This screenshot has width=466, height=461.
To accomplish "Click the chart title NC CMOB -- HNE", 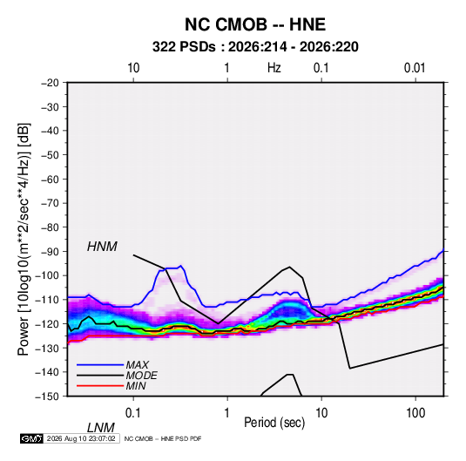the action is pyautogui.click(x=255, y=24).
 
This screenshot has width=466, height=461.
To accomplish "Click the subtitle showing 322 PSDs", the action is pyautogui.click(x=255, y=47).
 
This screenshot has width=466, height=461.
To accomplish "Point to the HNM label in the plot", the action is pyautogui.click(x=102, y=247).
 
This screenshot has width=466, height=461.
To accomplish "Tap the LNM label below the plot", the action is pyautogui.click(x=101, y=428).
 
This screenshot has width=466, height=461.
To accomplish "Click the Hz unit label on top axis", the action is pyautogui.click(x=274, y=68).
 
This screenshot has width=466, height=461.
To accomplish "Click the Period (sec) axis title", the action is pyautogui.click(x=274, y=423).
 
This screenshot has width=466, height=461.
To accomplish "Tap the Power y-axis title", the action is pyautogui.click(x=24, y=239).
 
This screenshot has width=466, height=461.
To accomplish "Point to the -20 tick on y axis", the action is pyautogui.click(x=50, y=83).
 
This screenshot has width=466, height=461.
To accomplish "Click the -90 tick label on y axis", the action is pyautogui.click(x=50, y=251).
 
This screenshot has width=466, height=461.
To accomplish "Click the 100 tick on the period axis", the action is pyautogui.click(x=415, y=413).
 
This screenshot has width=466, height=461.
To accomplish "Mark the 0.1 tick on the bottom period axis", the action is pyautogui.click(x=133, y=413).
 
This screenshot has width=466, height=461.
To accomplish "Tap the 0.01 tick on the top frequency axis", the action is pyautogui.click(x=415, y=68).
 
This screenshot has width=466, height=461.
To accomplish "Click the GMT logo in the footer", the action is pyautogui.click(x=32, y=438).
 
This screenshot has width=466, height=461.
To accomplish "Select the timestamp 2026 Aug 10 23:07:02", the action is pyautogui.click(x=81, y=438).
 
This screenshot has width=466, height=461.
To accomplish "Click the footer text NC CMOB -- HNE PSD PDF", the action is pyautogui.click(x=163, y=438).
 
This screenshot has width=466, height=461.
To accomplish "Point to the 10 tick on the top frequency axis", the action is pyautogui.click(x=133, y=68).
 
